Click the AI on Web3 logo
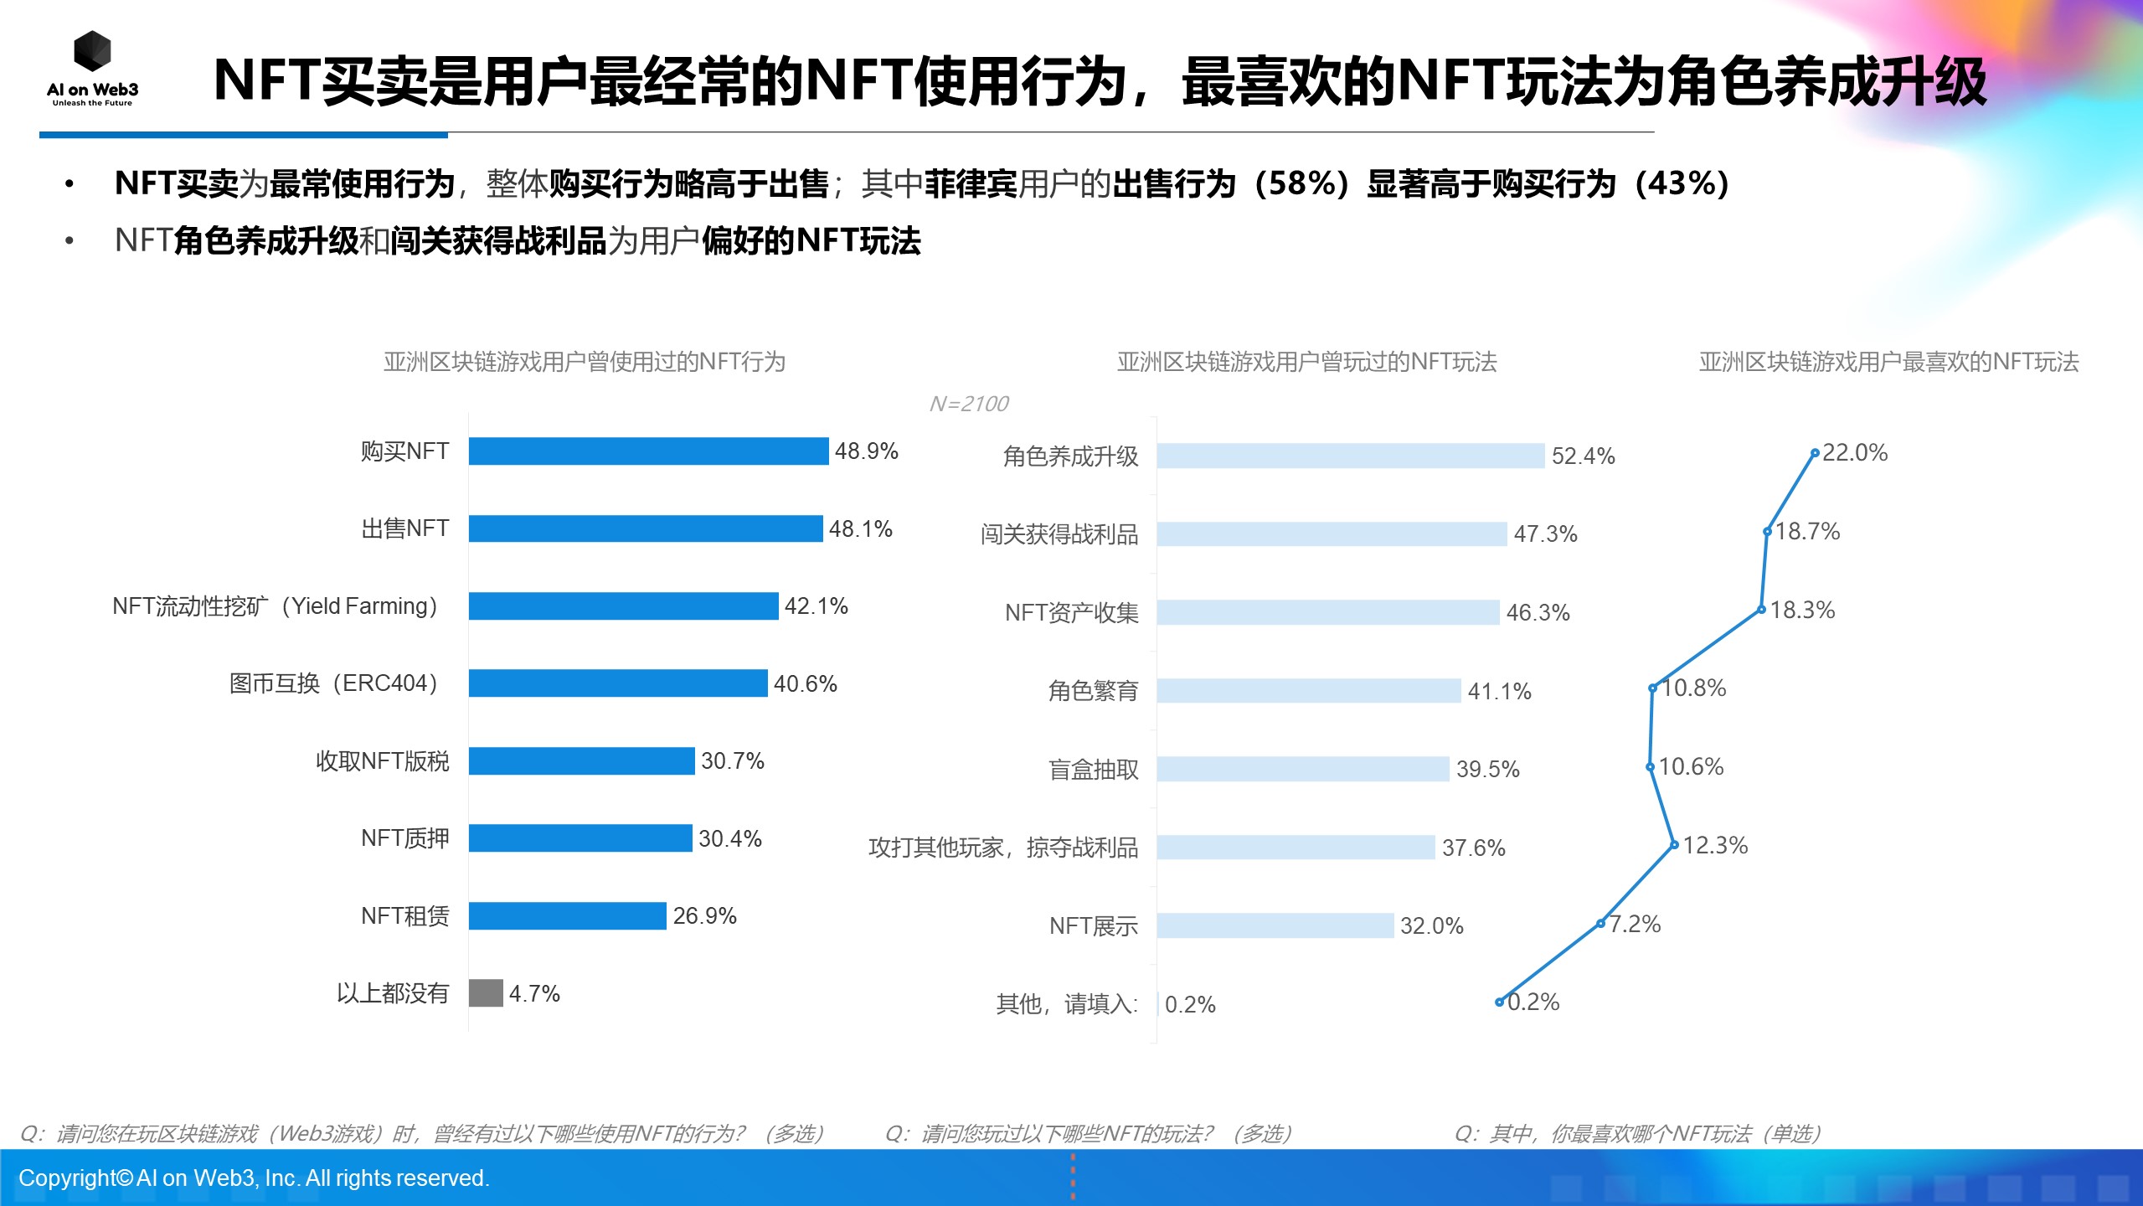click(92, 67)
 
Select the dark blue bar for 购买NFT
click(648, 451)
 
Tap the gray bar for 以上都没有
click(486, 993)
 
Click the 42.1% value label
click(816, 606)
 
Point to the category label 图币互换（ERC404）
click(334, 683)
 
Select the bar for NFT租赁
click(567, 915)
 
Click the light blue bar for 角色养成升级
click(1350, 456)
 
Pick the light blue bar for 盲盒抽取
click(1302, 769)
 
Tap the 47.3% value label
click(1545, 533)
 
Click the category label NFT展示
click(1093, 925)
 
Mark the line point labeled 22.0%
click(1815, 453)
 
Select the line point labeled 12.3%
click(1674, 844)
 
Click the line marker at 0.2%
click(1499, 1002)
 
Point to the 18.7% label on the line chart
click(1807, 531)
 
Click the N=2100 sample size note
click(969, 404)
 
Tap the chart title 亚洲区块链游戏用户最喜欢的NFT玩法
click(1888, 362)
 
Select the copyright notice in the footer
click(254, 1178)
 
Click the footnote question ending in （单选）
click(1637, 1133)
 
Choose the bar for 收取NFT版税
click(581, 760)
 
